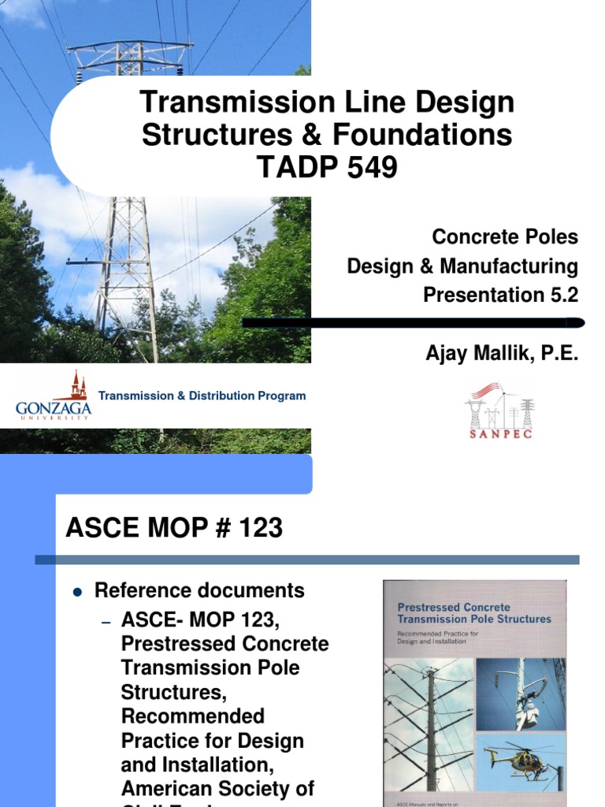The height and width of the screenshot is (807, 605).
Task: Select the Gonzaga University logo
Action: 54,396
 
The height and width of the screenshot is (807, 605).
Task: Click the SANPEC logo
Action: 499,411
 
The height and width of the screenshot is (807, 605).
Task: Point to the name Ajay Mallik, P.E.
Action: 502,355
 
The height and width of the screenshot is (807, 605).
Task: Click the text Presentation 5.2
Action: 500,295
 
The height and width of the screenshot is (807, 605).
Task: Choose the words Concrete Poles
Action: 504,236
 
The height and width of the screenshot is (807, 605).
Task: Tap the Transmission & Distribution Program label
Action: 202,396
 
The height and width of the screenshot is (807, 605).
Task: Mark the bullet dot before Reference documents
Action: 77,590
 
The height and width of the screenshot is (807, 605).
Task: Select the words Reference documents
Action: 199,590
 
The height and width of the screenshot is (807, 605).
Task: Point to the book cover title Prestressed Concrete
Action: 453,608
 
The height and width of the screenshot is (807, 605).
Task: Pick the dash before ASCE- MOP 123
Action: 108,622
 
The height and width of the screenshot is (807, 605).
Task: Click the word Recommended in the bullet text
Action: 192,716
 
